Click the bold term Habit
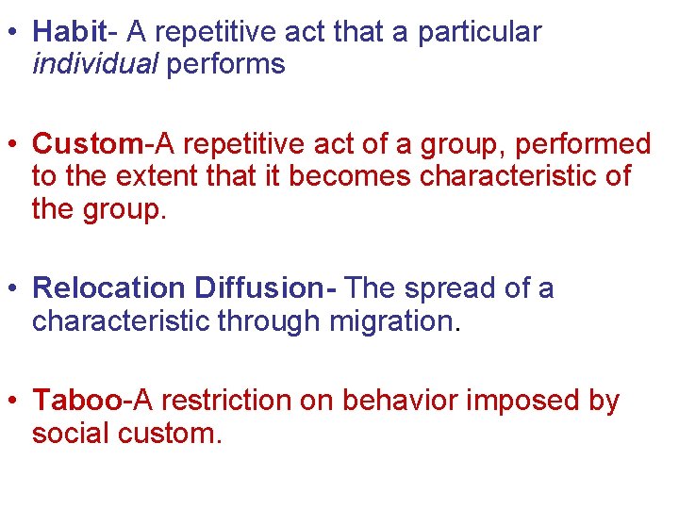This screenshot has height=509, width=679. pyautogui.click(x=69, y=33)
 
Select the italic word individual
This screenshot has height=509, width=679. pyautogui.click(x=94, y=65)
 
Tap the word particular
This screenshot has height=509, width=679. pyautogui.click(x=480, y=33)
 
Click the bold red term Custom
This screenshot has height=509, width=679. pyautogui.click(x=87, y=144)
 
